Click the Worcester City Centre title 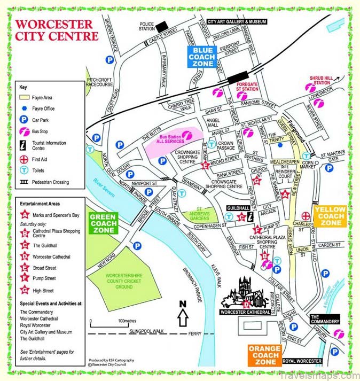click(57, 30)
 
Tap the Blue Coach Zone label click(201, 57)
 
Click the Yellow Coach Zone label click(331, 216)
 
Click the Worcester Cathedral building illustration click(245, 293)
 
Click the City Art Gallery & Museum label click(236, 21)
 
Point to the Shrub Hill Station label click(321, 80)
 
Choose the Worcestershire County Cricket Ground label click(115, 281)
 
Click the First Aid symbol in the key click(24, 159)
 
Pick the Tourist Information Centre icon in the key click(24, 145)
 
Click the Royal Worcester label click(302, 361)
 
